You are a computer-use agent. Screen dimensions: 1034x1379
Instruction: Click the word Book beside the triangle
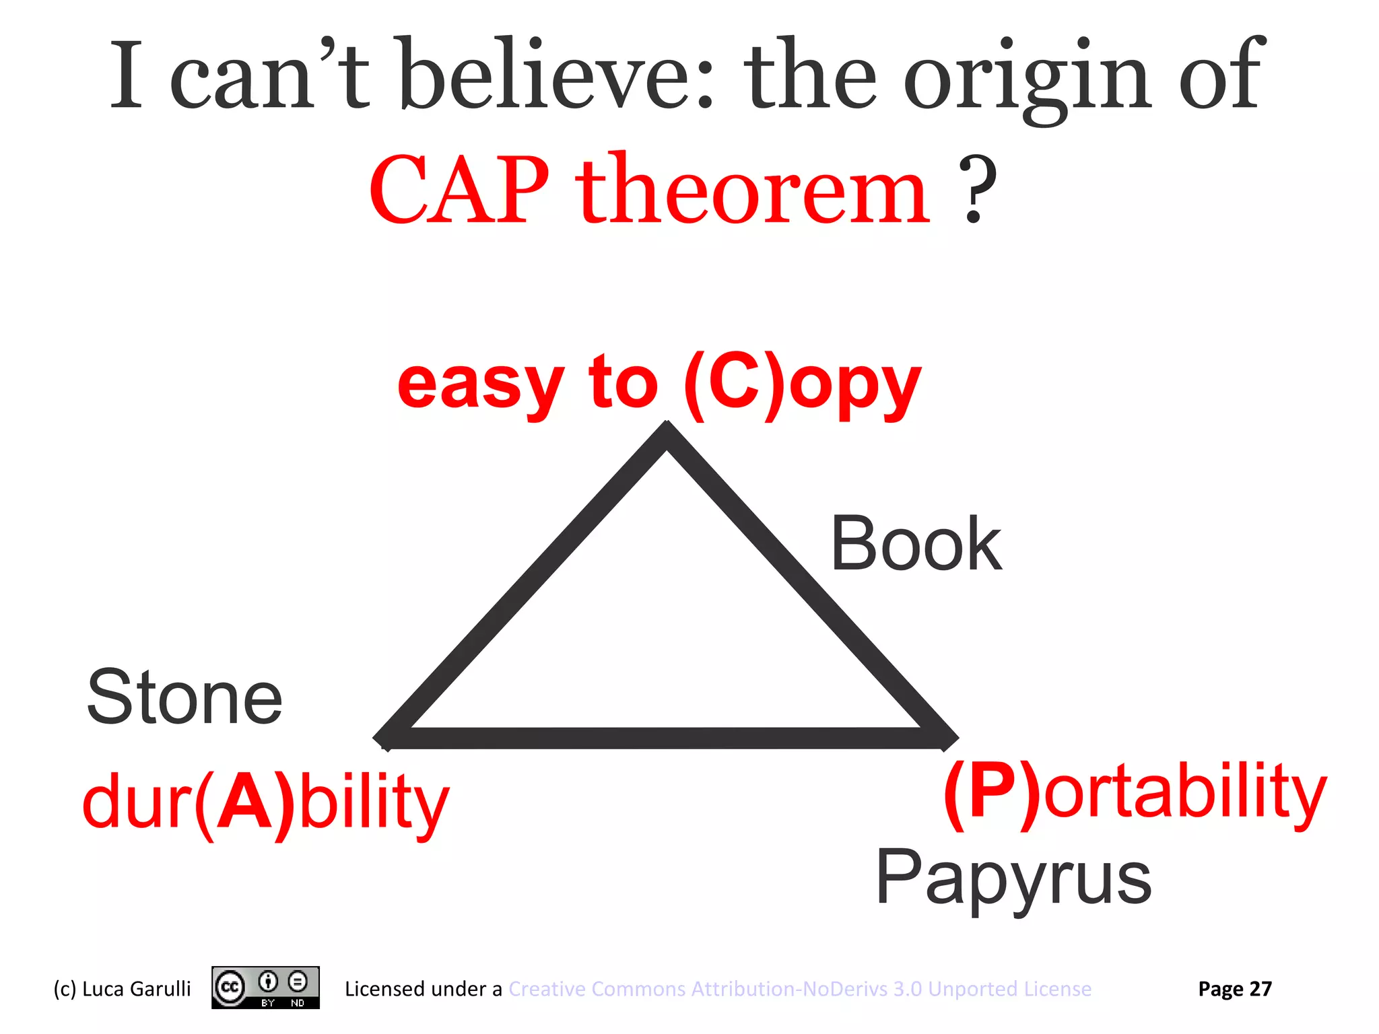[x=916, y=544]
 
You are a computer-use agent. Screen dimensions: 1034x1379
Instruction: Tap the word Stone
[x=184, y=697]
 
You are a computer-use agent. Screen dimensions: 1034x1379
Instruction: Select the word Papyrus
[x=1013, y=878]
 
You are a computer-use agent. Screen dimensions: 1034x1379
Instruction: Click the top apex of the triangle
[x=667, y=434]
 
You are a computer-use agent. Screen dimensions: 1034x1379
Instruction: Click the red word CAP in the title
[x=459, y=191]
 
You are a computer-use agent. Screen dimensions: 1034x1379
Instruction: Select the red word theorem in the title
[x=752, y=191]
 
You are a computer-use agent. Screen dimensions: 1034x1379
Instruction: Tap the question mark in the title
[x=977, y=191]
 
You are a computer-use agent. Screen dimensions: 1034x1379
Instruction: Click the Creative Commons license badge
[x=265, y=988]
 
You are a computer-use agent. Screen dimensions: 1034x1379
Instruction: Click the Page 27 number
[x=1235, y=988]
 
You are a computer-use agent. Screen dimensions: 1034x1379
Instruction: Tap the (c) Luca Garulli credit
[x=122, y=988]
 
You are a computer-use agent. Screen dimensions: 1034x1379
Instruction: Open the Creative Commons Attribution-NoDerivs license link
[x=800, y=988]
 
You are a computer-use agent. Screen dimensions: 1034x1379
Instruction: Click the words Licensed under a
[x=423, y=988]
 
